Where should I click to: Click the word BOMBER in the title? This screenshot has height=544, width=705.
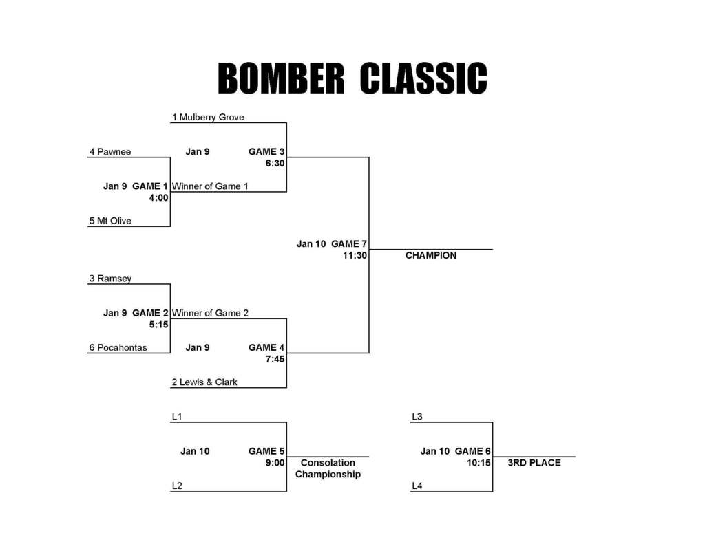[x=281, y=78]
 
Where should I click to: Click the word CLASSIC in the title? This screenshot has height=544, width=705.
[x=423, y=78]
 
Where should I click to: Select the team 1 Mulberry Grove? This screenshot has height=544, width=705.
[x=208, y=117]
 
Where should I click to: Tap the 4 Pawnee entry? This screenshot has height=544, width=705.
[x=110, y=151]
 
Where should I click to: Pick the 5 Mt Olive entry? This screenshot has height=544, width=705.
[x=110, y=221]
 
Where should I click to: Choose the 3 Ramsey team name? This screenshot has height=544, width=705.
[x=110, y=279]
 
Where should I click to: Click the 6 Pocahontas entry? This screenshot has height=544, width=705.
[x=118, y=347]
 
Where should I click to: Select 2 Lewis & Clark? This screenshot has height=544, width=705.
[x=204, y=382]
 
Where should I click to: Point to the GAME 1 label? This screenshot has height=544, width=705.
[x=150, y=186]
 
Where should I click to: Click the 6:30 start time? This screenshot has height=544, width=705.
[x=275, y=163]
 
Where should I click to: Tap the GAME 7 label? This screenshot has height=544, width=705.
[x=349, y=243]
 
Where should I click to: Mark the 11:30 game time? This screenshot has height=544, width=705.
[x=355, y=255]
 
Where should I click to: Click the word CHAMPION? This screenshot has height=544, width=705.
[x=431, y=255]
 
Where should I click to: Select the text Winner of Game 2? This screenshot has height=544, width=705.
[x=211, y=313]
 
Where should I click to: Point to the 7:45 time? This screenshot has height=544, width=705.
[x=275, y=358]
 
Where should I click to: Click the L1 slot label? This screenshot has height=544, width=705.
[x=177, y=417]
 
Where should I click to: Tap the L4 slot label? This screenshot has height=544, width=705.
[x=417, y=486]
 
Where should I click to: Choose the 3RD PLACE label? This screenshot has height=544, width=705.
[x=534, y=463]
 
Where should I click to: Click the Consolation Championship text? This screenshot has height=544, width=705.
[x=328, y=468]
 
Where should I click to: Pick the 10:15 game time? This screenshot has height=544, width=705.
[x=479, y=463]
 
